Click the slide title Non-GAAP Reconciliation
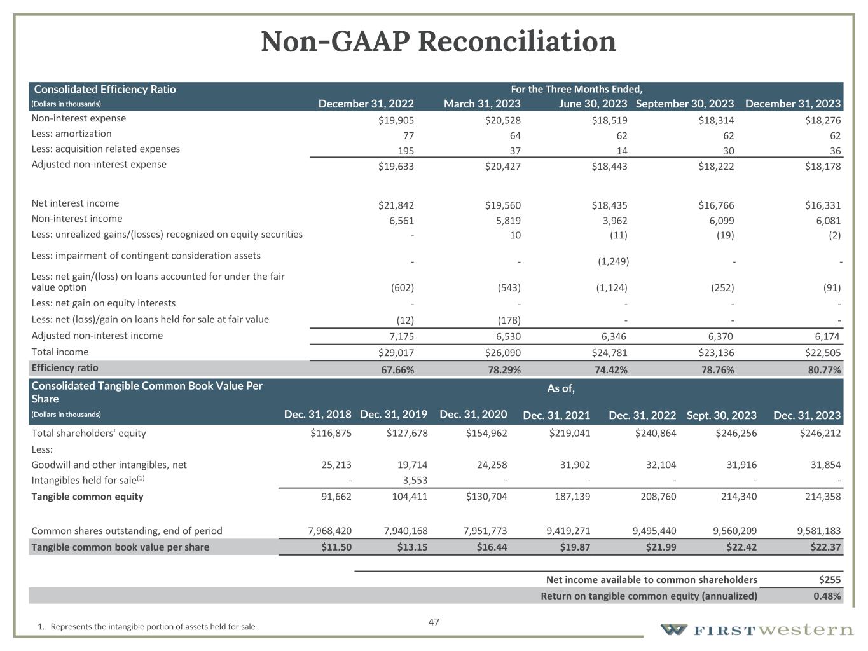[438, 42]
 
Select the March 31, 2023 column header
[481, 104]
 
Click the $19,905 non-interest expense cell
[396, 120]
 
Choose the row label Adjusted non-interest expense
[99, 165]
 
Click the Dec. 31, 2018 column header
[317, 415]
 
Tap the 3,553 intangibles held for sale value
[413, 481]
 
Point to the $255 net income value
[830, 580]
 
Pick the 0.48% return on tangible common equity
[827, 596]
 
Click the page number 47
[434, 622]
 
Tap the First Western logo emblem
[673, 630]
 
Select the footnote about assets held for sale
[146, 627]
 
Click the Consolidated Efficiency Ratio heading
[105, 90]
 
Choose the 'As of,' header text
[561, 388]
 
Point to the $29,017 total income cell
[396, 353]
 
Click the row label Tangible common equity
[87, 497]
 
